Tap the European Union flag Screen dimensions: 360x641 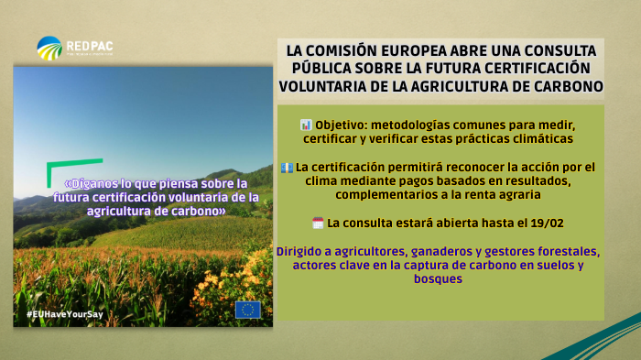tap(247, 310)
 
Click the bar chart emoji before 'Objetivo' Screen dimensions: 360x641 tap(306, 123)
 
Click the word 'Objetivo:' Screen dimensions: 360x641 tap(345, 123)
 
